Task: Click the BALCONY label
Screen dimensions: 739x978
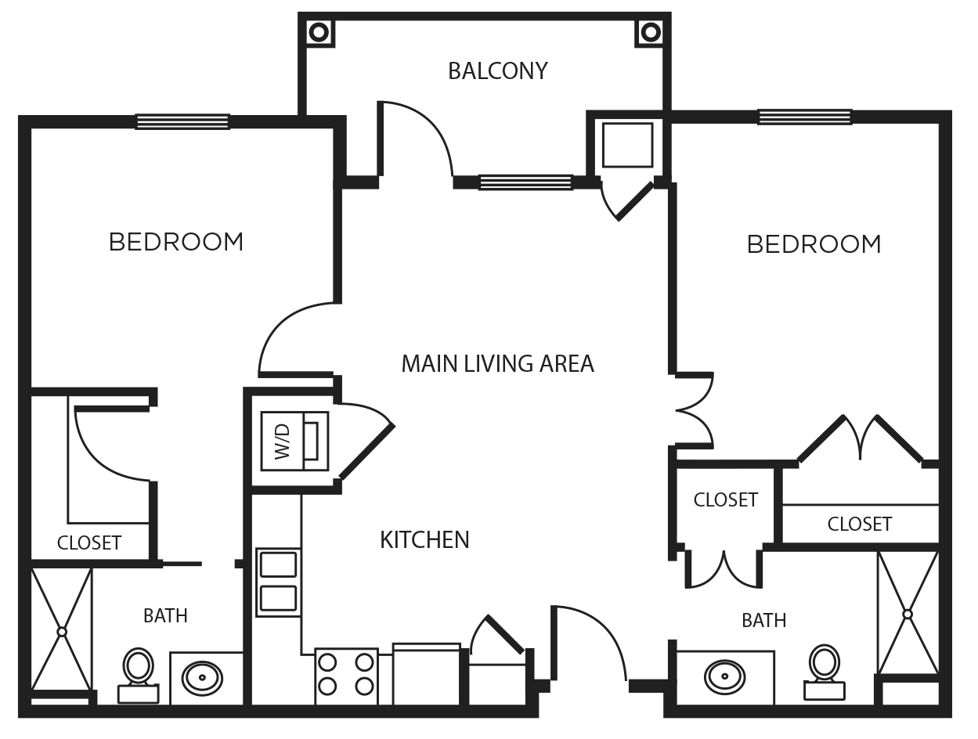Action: [x=497, y=71]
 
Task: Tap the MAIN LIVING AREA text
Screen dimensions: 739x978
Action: [x=497, y=364]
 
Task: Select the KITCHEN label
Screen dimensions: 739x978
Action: [x=424, y=540]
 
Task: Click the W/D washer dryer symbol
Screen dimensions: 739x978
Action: [x=294, y=441]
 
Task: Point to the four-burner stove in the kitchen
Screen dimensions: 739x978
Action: [x=346, y=675]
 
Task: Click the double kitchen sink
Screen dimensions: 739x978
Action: [x=278, y=582]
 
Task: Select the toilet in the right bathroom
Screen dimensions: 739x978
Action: [x=825, y=671]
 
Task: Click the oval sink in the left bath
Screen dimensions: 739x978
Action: [x=202, y=677]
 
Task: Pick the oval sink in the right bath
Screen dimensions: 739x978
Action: [x=724, y=676]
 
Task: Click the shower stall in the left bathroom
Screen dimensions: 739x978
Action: [x=62, y=630]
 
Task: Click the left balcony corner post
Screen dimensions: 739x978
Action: [x=319, y=32]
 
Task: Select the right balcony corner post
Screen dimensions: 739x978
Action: [x=651, y=32]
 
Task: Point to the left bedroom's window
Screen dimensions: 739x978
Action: [x=182, y=121]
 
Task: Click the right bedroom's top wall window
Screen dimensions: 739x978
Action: [x=804, y=117]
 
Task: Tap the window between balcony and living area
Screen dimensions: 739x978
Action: [x=525, y=182]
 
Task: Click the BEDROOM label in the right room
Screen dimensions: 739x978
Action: [x=814, y=244]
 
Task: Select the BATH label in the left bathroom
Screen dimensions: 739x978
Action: [x=165, y=616]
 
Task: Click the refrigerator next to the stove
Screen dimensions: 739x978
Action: [x=426, y=675]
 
